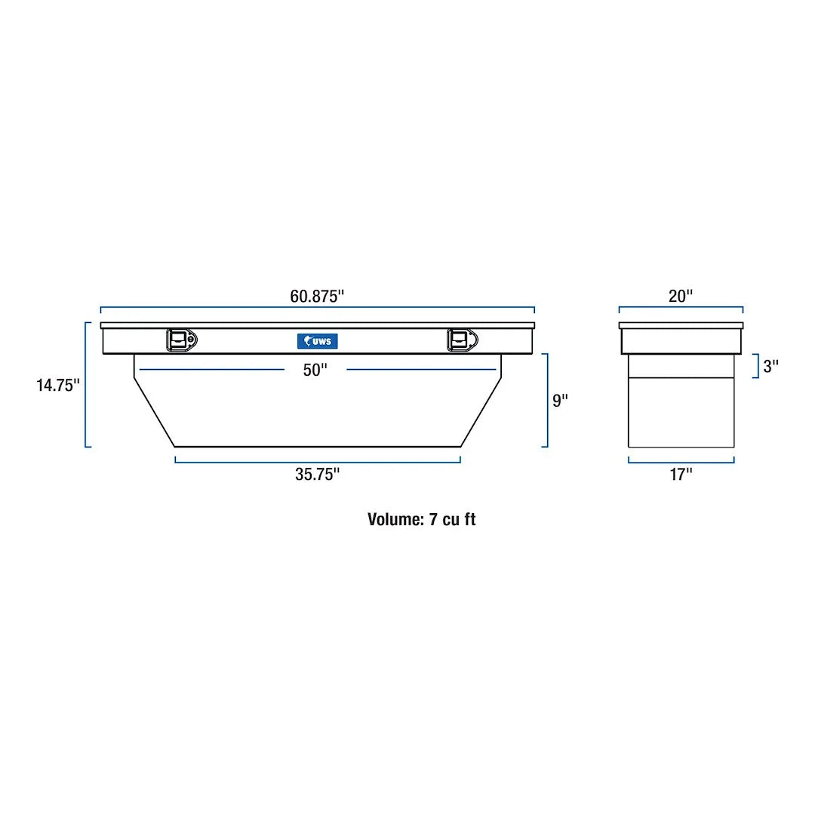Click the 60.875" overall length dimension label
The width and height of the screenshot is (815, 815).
coord(317,296)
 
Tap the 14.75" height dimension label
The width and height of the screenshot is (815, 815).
coord(58,386)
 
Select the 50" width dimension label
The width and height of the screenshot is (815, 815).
coord(315,370)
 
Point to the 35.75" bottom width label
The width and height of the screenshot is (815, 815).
coord(317,474)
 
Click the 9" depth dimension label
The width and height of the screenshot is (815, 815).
coord(559,401)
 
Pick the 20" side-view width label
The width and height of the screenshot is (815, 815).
coord(680,296)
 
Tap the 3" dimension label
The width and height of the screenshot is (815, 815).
coord(770,367)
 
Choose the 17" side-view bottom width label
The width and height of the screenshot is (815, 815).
coord(681,474)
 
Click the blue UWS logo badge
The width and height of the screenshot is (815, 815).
coord(318,341)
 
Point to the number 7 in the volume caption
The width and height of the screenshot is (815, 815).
coord(434,519)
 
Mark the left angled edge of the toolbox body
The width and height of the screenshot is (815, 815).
coord(154,412)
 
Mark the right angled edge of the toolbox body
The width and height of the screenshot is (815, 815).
coord(481,412)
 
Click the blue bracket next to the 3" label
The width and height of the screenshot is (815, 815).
coord(755,366)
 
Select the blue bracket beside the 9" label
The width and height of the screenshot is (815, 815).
coord(546,400)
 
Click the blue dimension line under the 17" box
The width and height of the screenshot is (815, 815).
coord(681,461)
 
